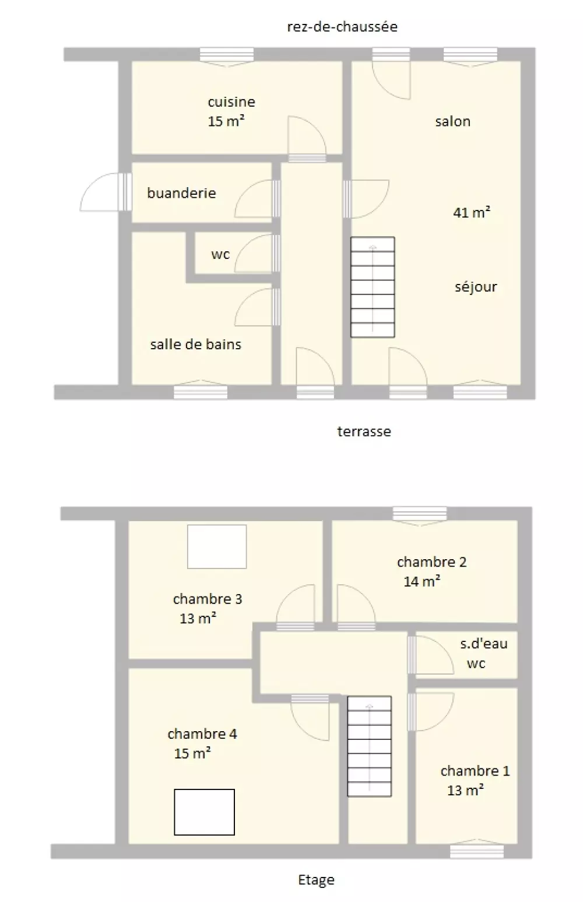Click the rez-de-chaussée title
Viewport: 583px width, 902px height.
click(x=342, y=27)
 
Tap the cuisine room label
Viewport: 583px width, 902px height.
click(x=231, y=102)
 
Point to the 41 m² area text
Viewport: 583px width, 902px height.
click(x=472, y=212)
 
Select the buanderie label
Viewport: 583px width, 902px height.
click(x=181, y=193)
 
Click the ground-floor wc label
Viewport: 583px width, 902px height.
click(x=220, y=254)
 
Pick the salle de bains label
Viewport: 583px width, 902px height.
click(x=196, y=344)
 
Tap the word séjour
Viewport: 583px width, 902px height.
click(x=476, y=287)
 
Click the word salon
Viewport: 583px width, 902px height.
click(x=453, y=121)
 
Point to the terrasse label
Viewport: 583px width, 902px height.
click(x=364, y=431)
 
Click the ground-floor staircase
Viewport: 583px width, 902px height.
click(x=373, y=287)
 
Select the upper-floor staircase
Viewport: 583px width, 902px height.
click(x=369, y=746)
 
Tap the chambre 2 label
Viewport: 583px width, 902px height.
click(x=431, y=561)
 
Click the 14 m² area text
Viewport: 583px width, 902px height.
click(x=422, y=581)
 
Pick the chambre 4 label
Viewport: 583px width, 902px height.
click(x=202, y=733)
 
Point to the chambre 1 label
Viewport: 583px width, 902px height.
click(x=475, y=771)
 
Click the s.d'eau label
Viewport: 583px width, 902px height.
click(x=483, y=644)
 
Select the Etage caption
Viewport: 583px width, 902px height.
click(x=316, y=880)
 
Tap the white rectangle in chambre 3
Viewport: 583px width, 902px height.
click(x=217, y=546)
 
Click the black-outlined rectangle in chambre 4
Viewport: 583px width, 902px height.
click(x=204, y=812)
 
